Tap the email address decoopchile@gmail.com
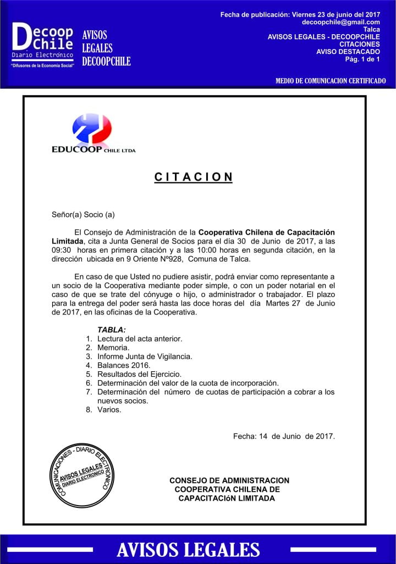click(x=341, y=22)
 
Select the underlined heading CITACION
click(x=194, y=177)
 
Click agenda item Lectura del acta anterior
click(x=140, y=338)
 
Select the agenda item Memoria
click(x=113, y=348)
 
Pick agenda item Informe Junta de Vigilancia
click(x=145, y=356)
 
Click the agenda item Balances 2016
click(x=124, y=365)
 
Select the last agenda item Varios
click(x=109, y=410)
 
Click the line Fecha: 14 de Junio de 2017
click(x=284, y=436)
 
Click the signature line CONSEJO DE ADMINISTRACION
click(x=229, y=481)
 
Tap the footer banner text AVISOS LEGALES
click(x=189, y=550)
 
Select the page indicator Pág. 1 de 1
click(x=362, y=59)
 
